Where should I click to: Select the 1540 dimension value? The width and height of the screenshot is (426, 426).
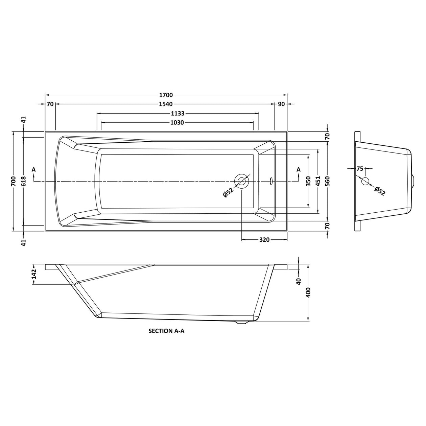166,104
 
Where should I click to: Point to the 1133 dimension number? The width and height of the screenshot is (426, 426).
178,114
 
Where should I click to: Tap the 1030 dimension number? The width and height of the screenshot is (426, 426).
177,123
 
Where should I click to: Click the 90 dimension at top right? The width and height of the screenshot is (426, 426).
281,104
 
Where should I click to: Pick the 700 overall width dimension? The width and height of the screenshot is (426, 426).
14,181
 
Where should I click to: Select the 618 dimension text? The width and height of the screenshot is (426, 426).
23,181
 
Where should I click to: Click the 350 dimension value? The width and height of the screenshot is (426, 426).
308,181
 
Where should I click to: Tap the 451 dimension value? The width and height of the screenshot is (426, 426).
318,181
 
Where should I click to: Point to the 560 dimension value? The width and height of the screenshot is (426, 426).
327,181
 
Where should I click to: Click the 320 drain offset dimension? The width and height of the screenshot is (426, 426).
264,240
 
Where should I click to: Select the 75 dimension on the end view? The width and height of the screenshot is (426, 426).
360,168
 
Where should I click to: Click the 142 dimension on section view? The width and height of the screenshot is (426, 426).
34,274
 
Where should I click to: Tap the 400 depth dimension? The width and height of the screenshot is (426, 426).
308,292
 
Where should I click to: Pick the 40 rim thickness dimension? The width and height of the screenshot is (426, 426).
299,281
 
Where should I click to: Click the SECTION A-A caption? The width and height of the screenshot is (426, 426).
166,331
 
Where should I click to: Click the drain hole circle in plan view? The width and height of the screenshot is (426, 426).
242,181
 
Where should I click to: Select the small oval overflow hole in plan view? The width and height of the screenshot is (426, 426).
271,182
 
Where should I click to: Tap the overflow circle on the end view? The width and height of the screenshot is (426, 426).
365,181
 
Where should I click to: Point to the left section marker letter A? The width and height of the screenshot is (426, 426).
33,169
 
